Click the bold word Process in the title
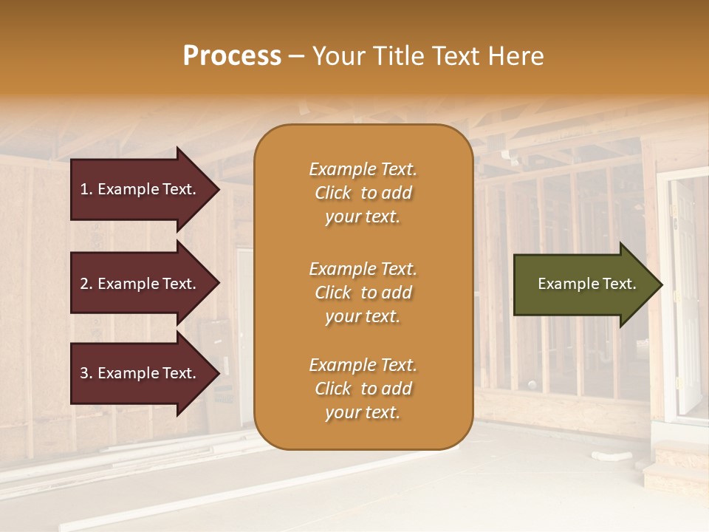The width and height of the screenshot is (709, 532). click(232, 56)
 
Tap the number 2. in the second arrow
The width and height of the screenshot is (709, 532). click(86, 284)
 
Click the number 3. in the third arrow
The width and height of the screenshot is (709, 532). click(86, 373)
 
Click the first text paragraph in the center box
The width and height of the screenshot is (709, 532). click(363, 193)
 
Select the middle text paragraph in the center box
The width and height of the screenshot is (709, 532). click(363, 293)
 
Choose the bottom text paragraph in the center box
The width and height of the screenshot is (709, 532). click(363, 389)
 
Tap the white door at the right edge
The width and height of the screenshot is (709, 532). click(687, 296)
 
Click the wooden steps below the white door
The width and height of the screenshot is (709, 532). click(676, 465)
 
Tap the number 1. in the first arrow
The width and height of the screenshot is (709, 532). click(86, 189)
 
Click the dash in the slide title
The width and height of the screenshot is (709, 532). click(296, 56)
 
